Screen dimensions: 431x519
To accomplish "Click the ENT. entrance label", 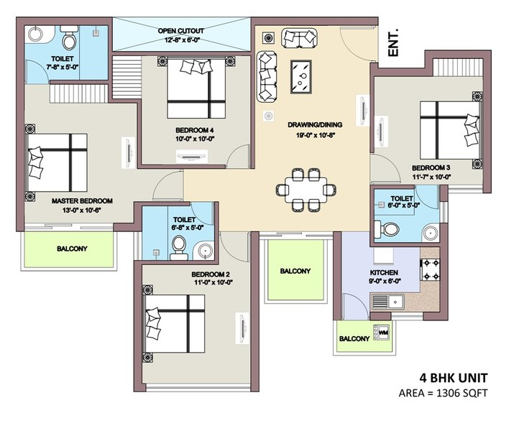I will click(393, 42).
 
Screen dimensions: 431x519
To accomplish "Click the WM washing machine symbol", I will click(383, 334).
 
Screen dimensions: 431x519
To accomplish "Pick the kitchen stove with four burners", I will click(430, 271).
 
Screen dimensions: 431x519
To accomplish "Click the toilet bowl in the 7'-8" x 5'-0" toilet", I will click(70, 35).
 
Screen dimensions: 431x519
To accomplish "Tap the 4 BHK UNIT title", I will click(454, 377).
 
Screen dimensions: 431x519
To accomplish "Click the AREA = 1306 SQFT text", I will click(444, 392).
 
